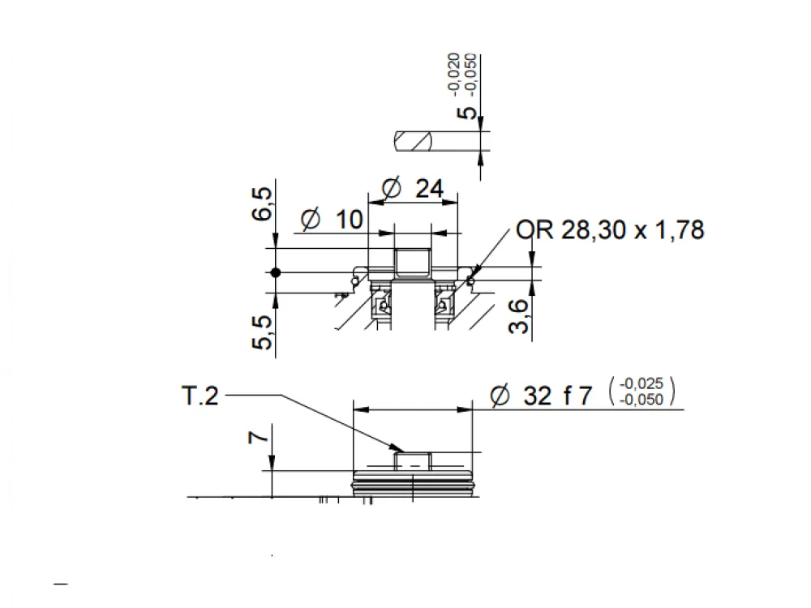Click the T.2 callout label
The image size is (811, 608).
200,396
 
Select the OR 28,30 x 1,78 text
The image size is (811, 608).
611,229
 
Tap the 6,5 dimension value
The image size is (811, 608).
262,204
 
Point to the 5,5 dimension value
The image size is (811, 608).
262,332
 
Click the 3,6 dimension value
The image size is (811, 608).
519,316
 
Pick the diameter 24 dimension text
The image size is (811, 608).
413,188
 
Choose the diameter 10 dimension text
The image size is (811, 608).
333,219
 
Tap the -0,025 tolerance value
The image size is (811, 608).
642,383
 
